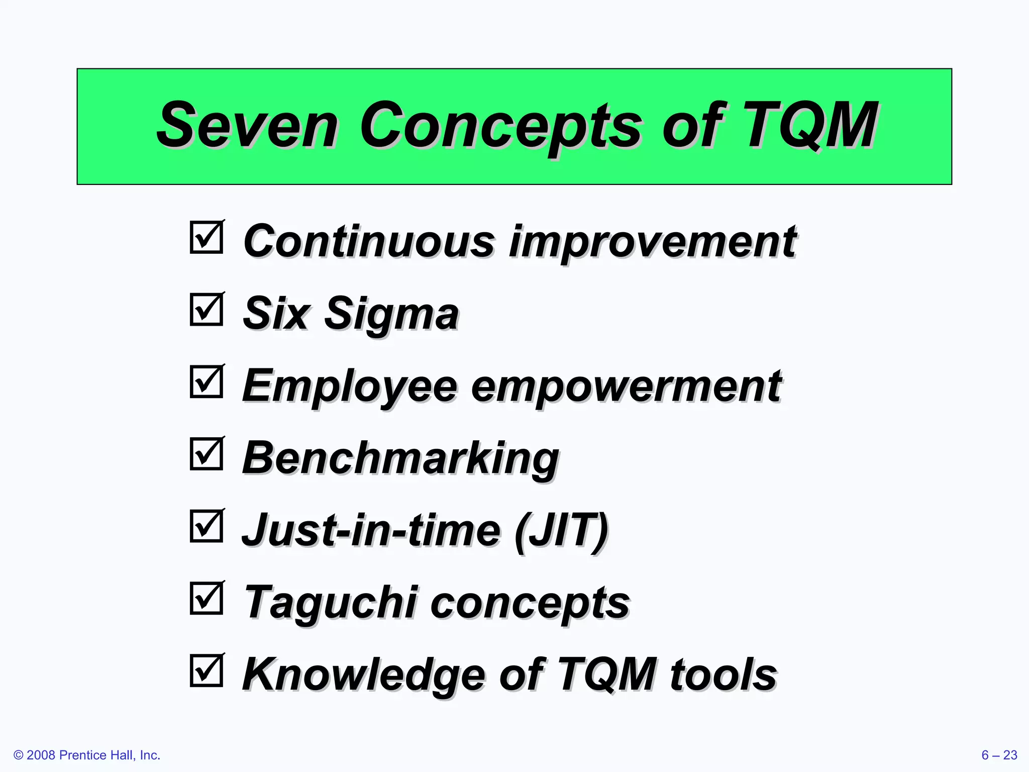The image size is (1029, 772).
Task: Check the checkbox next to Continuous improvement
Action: pos(207,237)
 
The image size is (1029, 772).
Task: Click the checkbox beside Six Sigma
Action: pos(207,310)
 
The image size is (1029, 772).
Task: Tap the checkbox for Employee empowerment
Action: pos(207,382)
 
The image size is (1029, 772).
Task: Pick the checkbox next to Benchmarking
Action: pos(207,454)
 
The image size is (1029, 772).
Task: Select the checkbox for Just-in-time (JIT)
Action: pos(207,526)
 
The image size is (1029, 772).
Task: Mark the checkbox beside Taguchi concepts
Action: pos(207,598)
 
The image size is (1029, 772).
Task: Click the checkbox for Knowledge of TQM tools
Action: pos(207,670)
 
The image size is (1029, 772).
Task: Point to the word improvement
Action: pos(652,242)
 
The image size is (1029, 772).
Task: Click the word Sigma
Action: pos(391,315)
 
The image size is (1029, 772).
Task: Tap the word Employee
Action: pos(350,387)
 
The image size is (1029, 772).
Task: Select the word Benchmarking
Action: pos(400,459)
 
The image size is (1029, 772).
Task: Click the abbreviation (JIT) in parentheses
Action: pos(561,531)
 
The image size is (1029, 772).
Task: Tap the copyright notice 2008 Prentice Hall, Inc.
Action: pos(87,755)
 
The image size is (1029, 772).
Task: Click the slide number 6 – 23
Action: pos(999,755)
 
